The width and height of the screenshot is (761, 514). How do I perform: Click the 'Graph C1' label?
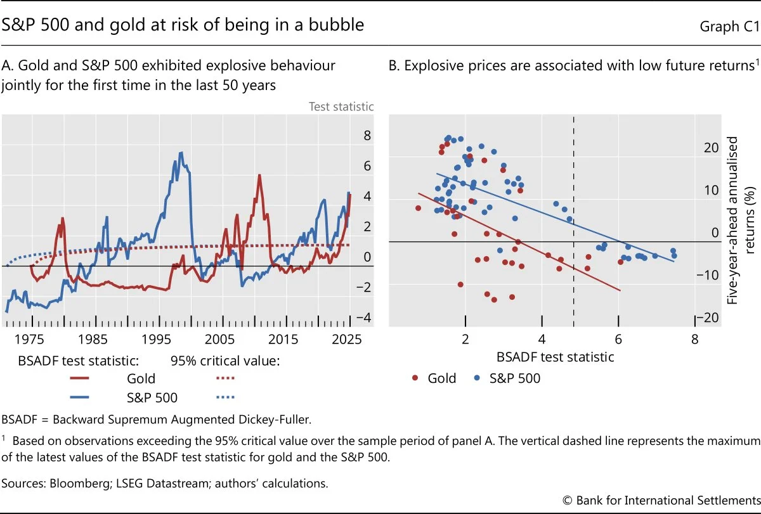pyautogui.click(x=729, y=26)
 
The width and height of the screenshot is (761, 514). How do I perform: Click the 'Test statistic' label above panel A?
pyautogui.click(x=341, y=106)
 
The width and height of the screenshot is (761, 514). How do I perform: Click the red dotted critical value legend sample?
pyautogui.click(x=221, y=378)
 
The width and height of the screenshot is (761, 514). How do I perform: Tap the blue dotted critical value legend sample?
pyautogui.click(x=221, y=398)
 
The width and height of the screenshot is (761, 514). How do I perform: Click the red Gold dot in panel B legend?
pyautogui.click(x=415, y=378)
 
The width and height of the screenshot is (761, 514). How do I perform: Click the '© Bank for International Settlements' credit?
pyautogui.click(x=661, y=500)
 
